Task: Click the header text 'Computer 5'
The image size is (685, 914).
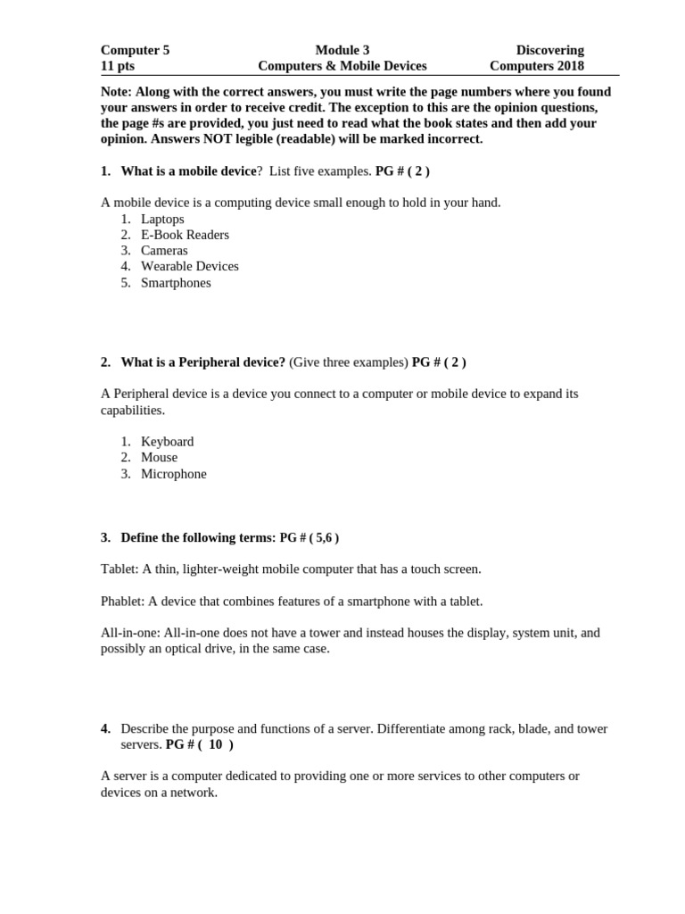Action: (x=135, y=50)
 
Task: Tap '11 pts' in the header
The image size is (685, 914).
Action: (x=118, y=65)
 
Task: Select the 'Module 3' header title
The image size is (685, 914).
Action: (x=342, y=50)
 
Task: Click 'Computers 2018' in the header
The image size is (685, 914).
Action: (x=537, y=65)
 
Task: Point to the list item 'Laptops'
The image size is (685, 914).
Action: (x=162, y=219)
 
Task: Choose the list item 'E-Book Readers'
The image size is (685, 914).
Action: (x=185, y=235)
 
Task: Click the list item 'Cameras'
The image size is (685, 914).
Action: (x=164, y=251)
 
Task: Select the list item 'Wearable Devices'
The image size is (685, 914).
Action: (x=189, y=266)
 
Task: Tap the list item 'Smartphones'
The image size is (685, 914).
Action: (x=176, y=283)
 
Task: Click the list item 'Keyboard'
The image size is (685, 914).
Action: (x=167, y=441)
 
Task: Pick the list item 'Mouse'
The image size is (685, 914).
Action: (x=159, y=457)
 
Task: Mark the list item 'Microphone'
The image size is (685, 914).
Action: (x=173, y=474)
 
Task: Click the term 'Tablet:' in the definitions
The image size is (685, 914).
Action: (x=120, y=569)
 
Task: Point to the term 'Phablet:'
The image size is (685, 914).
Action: (x=123, y=601)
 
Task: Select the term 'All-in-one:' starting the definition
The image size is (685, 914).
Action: (x=130, y=633)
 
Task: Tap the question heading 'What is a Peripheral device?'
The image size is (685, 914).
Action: (x=202, y=361)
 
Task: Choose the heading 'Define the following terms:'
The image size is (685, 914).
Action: (x=198, y=537)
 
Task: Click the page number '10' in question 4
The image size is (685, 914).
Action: (x=215, y=744)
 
